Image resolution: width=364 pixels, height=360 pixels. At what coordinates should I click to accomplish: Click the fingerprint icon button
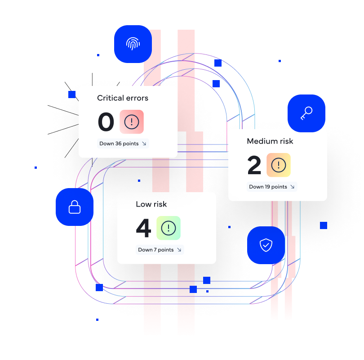coord(133,44)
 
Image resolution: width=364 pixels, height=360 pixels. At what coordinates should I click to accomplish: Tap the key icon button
coord(306,113)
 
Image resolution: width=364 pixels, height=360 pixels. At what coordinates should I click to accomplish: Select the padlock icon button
coord(75,207)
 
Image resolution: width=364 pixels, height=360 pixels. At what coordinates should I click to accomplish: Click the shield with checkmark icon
coord(266,245)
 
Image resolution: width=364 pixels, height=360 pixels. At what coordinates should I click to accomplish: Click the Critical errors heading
coord(123,98)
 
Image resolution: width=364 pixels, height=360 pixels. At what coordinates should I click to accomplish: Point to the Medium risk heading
coord(270,141)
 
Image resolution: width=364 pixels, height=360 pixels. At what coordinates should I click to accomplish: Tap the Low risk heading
coord(151,204)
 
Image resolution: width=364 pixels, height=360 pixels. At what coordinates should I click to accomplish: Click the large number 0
coord(106,122)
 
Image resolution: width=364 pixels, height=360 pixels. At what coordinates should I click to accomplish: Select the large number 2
coord(254,165)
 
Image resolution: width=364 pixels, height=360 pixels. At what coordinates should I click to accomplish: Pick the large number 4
coord(143,228)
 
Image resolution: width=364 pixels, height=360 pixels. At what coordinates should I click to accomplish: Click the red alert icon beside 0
coord(132,121)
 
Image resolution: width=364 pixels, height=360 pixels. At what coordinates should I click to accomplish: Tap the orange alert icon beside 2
coord(279,165)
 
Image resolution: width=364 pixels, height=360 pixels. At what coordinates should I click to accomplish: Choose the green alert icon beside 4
coord(169,228)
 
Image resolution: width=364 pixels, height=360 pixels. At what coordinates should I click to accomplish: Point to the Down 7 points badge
coord(160,250)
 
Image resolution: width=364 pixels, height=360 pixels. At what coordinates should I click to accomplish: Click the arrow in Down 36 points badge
coord(144,144)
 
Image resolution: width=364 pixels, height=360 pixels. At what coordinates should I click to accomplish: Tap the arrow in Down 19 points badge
coord(292,187)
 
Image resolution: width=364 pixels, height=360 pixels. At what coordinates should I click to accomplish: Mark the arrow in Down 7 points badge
coord(179,250)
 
